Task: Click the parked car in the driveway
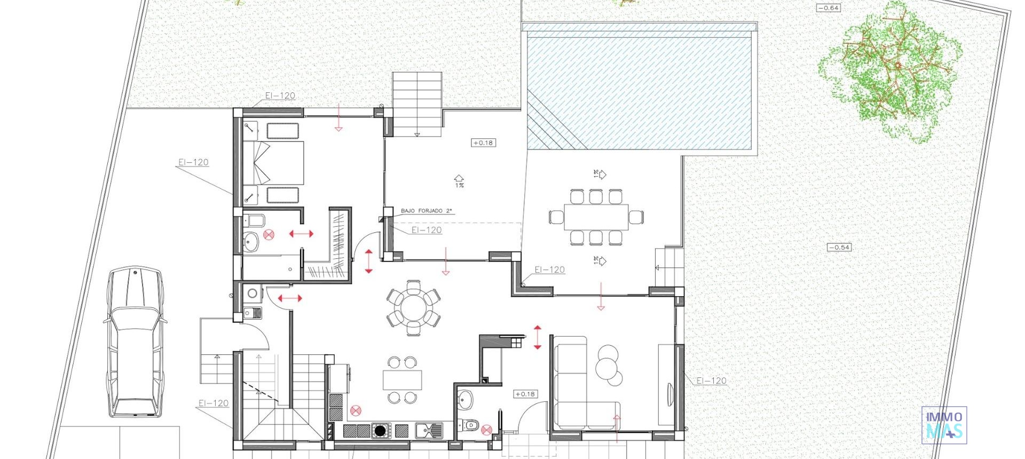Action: click(x=134, y=342)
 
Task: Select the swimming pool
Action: click(x=641, y=88)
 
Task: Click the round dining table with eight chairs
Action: click(x=414, y=308)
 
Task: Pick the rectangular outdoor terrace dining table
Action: click(x=596, y=217)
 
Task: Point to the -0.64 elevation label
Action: click(x=828, y=8)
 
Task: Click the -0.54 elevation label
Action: click(x=839, y=247)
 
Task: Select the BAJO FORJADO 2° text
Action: click(x=426, y=211)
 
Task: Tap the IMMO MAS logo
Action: click(x=944, y=425)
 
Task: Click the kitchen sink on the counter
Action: click(x=429, y=430)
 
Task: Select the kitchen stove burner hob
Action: click(x=380, y=430)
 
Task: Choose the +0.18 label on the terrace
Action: click(x=483, y=143)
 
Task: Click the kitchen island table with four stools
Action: click(x=402, y=380)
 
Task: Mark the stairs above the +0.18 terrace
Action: click(x=417, y=104)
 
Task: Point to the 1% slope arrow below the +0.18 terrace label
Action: click(x=459, y=180)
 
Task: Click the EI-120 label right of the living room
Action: click(x=712, y=381)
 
